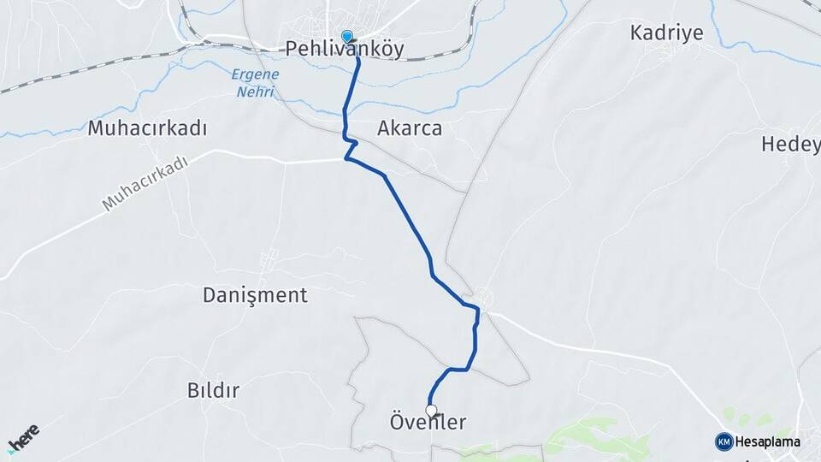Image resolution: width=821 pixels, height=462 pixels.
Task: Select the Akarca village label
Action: click(410, 129)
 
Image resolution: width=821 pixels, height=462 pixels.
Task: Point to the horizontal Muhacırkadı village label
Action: click(148, 129)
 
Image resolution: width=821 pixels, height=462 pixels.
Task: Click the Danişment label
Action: click(255, 296)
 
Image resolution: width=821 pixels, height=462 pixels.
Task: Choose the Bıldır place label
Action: click(213, 390)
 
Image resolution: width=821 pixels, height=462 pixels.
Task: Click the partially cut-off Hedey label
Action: click(790, 145)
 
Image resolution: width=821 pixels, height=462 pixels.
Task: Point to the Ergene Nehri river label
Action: click(255, 83)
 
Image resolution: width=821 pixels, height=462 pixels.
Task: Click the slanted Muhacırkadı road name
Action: click(145, 183)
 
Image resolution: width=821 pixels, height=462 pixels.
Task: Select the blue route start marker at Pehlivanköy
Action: click(347, 37)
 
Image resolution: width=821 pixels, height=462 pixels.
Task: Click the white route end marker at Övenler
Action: click(432, 410)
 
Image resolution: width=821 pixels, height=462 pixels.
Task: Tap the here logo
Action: click(23, 435)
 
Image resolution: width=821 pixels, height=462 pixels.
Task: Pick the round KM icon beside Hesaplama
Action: click(724, 442)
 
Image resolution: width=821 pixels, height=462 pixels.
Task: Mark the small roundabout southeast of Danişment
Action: click(484, 297)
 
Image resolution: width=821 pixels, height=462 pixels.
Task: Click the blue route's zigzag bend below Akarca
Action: click(349, 146)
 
